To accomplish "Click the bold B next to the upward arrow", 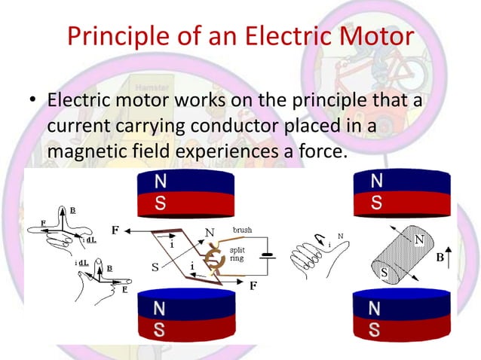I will [440, 258].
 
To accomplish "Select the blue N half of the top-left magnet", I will [185, 182].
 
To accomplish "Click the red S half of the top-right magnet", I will [400, 203].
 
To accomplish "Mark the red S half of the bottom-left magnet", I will [185, 330].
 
